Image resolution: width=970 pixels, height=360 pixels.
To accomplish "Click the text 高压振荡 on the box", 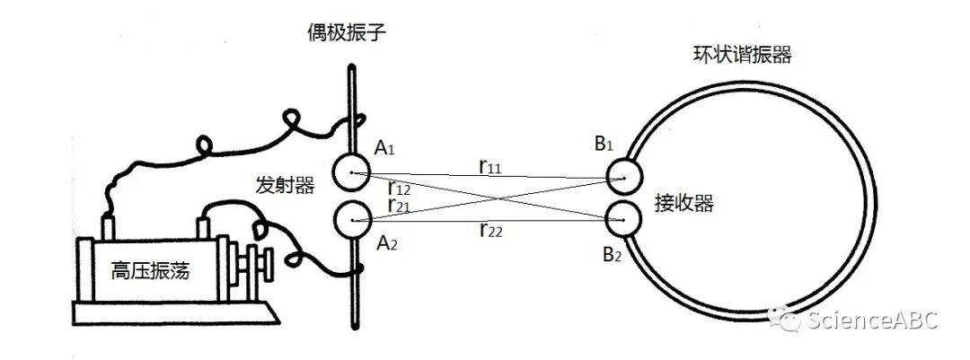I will point(150,268).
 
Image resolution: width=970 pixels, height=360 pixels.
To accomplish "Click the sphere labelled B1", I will point(623,177).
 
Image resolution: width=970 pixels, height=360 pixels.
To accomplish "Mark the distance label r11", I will point(490,165).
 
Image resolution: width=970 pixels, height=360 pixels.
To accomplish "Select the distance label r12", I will point(399,188).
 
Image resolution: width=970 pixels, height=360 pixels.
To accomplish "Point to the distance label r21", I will point(399,205).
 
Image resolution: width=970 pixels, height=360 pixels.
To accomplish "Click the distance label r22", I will point(490,232).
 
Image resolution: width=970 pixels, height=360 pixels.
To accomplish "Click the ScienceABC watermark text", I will point(871,320).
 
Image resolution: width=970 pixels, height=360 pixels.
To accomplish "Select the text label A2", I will point(387,243).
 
